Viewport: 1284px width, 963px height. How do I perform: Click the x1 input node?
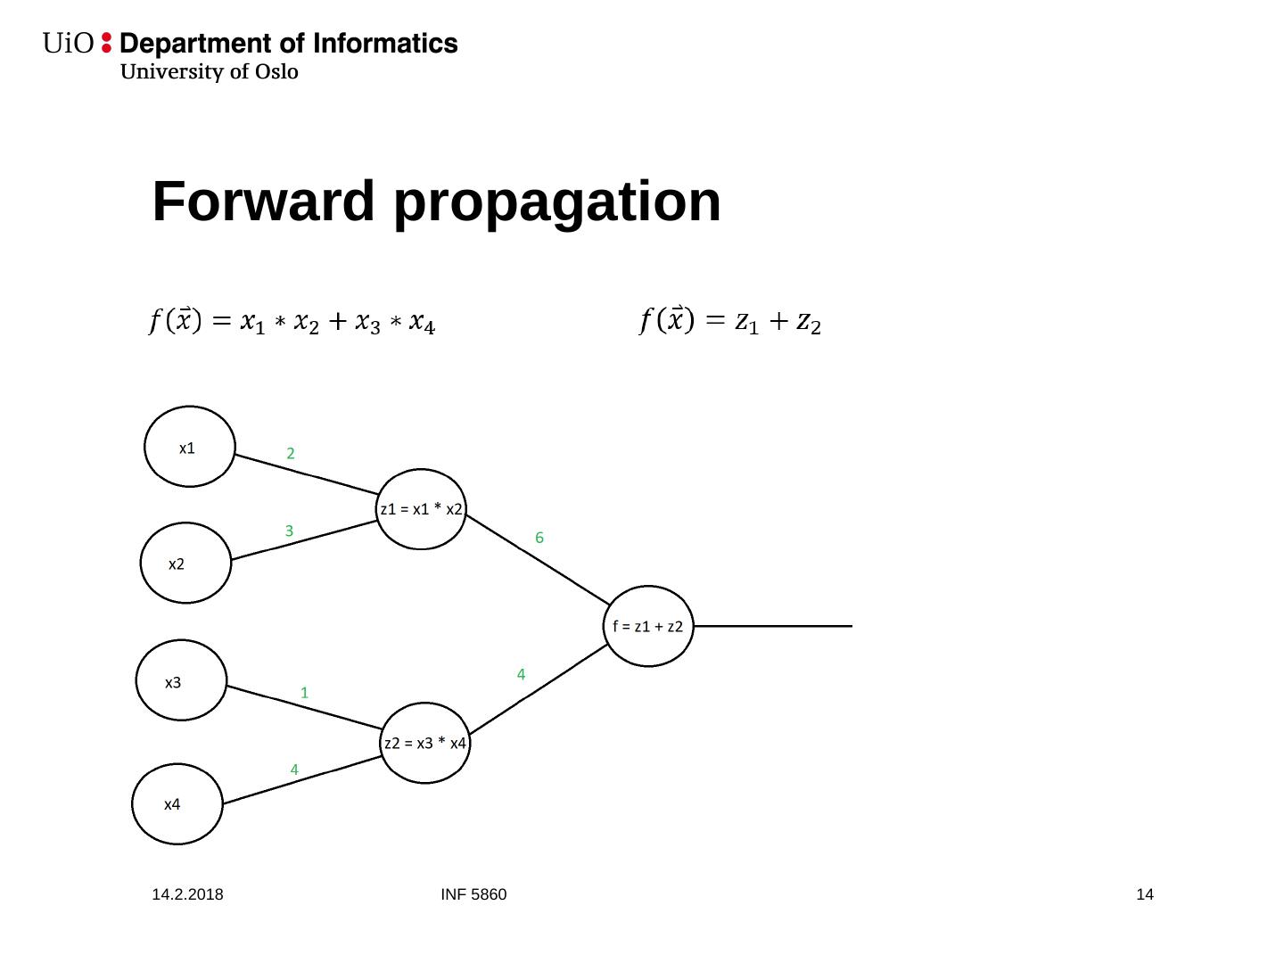click(x=189, y=447)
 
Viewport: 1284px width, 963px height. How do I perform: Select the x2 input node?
click(x=185, y=563)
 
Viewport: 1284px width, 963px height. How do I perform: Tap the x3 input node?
click(x=181, y=680)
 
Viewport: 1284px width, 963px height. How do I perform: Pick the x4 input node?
click(x=177, y=803)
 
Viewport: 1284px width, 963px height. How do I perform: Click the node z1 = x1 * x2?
click(x=421, y=509)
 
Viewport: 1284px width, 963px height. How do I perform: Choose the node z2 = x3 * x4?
click(x=424, y=743)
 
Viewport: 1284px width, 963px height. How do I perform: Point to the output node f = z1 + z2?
click(x=648, y=626)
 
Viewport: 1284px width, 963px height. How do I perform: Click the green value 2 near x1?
click(x=291, y=454)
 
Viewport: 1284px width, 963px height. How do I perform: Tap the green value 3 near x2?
click(x=289, y=531)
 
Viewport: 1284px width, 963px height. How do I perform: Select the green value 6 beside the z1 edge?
click(x=539, y=538)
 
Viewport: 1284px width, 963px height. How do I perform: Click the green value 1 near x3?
click(x=304, y=693)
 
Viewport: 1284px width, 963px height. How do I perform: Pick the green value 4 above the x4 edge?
click(x=294, y=770)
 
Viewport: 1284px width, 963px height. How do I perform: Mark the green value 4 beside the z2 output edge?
click(x=521, y=675)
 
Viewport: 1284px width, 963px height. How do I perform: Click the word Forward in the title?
click(x=264, y=202)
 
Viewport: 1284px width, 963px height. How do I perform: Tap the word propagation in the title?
click(x=557, y=203)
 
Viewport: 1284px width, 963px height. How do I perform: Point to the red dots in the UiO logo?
click(x=107, y=43)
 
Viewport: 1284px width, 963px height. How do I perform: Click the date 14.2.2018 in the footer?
click(x=187, y=894)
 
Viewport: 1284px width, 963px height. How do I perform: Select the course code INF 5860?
click(x=473, y=894)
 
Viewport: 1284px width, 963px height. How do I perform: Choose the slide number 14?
click(x=1145, y=894)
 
